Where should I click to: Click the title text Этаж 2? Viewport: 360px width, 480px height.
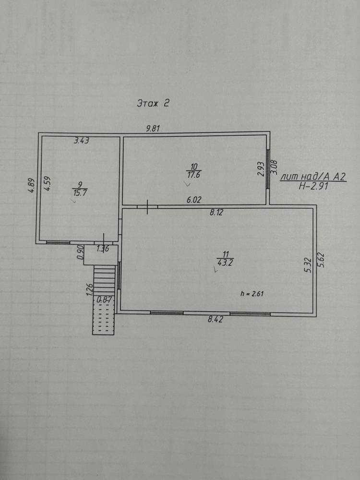[x=153, y=103]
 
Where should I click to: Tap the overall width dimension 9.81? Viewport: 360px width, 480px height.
[x=153, y=129]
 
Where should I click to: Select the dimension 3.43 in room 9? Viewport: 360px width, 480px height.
[x=82, y=141]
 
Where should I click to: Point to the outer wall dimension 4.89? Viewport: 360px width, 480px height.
[x=32, y=185]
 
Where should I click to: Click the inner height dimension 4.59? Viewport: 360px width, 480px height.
[x=47, y=184]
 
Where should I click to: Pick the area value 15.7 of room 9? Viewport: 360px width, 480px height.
[x=80, y=193]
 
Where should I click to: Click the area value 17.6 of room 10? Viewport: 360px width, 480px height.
[x=193, y=175]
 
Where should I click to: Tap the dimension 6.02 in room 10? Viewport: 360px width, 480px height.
[x=194, y=200]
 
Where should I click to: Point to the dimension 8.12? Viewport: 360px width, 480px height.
[x=216, y=212]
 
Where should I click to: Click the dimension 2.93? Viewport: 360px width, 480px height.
[x=261, y=168]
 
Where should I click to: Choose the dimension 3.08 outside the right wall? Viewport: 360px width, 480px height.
[x=274, y=167]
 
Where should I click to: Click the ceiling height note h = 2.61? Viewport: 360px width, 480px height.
[x=252, y=294]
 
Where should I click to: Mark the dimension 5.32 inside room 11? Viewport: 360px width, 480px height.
[x=308, y=265]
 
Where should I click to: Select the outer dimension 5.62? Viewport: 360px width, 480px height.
[x=321, y=260]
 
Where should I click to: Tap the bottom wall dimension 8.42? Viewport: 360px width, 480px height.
[x=216, y=320]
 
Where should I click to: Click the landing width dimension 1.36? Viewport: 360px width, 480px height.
[x=103, y=249]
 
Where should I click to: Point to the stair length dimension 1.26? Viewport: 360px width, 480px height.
[x=90, y=289]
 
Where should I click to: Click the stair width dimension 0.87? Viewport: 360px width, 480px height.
[x=104, y=300]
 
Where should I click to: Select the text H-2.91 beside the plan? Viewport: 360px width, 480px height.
[x=313, y=186]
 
